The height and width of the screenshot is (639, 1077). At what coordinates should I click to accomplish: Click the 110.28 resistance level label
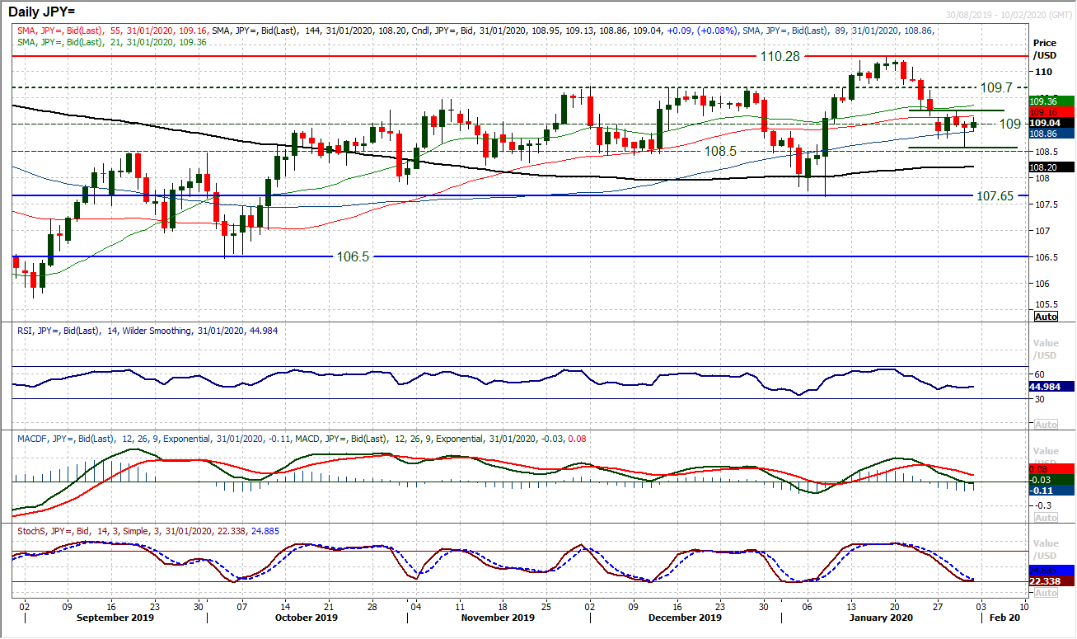[777, 56]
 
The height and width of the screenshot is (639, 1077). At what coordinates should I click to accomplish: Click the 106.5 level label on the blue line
[354, 256]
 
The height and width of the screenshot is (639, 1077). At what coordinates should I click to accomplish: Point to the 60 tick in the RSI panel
[1039, 373]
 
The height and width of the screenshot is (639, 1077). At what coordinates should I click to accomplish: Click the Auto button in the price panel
[1046, 317]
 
